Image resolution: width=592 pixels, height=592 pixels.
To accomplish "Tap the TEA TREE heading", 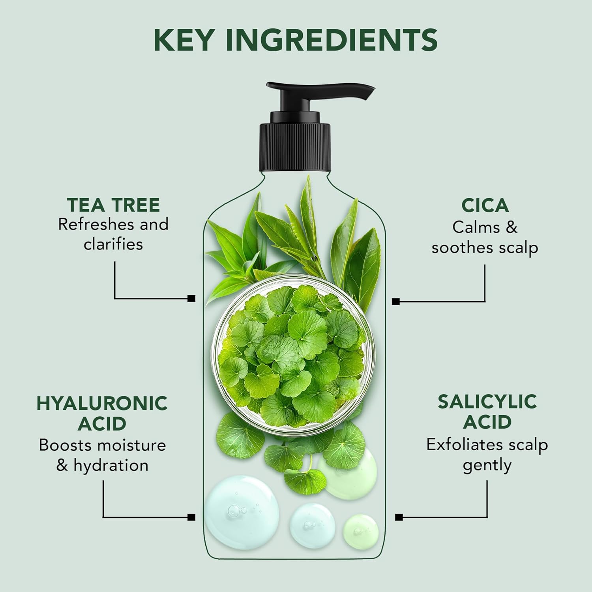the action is tap(113, 205).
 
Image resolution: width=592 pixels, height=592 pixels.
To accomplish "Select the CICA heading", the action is tap(485, 205).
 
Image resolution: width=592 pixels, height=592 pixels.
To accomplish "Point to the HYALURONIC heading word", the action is tap(102, 403).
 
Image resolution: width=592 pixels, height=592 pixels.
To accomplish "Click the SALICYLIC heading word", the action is tap(487, 402).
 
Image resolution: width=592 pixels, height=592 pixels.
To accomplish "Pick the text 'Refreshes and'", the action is tap(113, 224).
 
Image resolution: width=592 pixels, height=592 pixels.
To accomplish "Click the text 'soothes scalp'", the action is tap(485, 248).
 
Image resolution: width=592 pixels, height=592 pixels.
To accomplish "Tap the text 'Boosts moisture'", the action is tap(102, 445).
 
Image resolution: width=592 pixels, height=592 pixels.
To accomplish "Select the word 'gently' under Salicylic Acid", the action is tap(487, 466).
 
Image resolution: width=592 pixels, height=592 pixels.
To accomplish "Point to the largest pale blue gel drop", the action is tap(242, 513).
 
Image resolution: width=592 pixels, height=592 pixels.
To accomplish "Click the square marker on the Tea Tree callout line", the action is tap(191, 298).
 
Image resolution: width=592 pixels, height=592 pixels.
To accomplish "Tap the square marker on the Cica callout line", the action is tap(396, 302).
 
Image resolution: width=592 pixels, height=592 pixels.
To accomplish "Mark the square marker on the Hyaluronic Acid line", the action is tap(191, 517).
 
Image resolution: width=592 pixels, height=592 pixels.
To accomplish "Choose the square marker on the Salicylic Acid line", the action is tap(399, 517).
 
